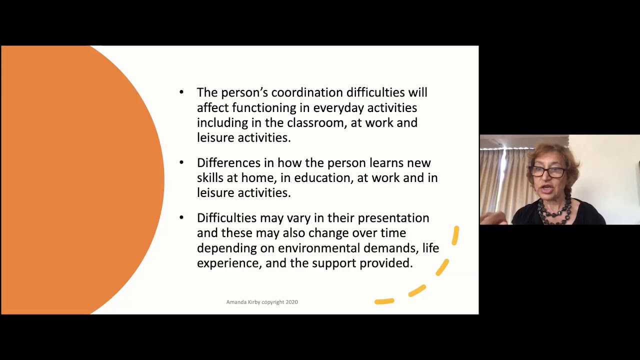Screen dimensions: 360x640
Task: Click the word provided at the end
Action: coord(386,263)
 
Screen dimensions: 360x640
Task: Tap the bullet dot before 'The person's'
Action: coord(181,92)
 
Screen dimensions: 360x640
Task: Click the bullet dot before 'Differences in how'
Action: coord(181,162)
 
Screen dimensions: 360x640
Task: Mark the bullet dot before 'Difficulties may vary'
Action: coord(181,217)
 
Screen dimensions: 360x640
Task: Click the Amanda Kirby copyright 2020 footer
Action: coord(262,302)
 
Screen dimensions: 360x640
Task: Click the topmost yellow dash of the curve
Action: coord(455,235)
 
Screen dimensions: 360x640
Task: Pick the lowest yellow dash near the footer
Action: coord(384,301)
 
